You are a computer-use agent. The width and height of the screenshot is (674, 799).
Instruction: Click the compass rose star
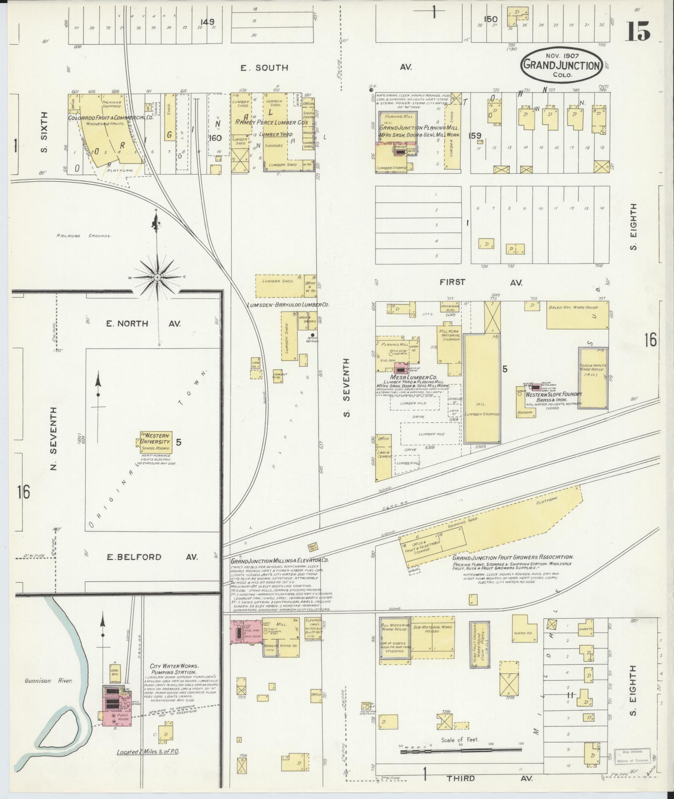coord(157,277)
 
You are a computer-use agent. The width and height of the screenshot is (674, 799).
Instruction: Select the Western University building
coord(156,442)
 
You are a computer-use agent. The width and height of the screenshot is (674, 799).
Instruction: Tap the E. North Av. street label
coord(143,324)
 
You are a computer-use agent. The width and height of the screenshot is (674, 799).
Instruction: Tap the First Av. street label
coord(481,283)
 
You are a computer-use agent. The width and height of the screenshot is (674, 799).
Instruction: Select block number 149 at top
coord(207,22)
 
